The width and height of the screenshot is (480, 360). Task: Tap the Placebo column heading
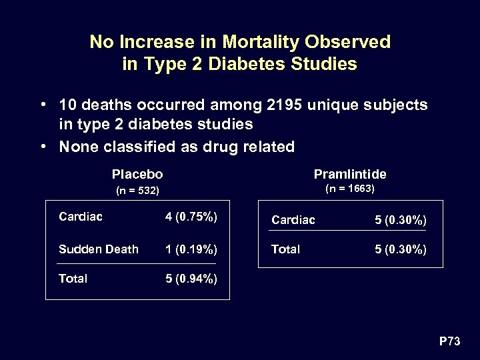coord(137,175)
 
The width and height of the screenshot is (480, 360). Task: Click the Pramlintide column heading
coord(350,175)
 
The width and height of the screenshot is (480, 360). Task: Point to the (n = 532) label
coord(137,191)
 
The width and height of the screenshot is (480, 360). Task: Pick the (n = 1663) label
coord(350,189)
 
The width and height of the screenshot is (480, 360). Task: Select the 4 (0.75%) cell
coord(191,216)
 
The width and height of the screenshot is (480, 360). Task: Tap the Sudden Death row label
coord(99,249)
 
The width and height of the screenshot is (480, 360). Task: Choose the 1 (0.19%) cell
coord(191,249)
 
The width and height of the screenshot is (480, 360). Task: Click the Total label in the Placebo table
coord(73,279)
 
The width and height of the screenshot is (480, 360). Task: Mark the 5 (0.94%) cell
coord(191,279)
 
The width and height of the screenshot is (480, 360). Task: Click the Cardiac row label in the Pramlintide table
coord(293,219)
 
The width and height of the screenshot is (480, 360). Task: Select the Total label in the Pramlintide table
coord(285,249)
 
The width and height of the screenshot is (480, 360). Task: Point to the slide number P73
coord(449,341)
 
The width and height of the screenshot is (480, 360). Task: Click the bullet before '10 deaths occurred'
coord(42,105)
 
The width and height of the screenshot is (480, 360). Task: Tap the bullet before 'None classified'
coord(42,147)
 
